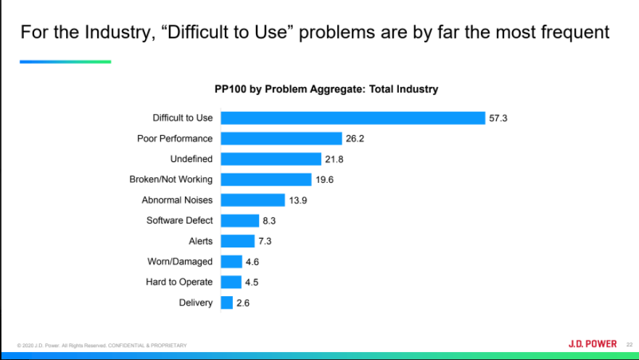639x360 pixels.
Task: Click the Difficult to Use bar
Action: pos(353,118)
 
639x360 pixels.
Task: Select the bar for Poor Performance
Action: pos(281,138)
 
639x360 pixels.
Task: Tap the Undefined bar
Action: pos(271,159)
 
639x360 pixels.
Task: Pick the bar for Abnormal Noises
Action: pos(252,200)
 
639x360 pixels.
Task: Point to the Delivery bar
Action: pos(226,303)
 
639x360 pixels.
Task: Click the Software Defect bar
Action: pos(239,221)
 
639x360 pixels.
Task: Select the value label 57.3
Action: pos(498,118)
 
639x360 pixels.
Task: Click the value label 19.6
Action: pos(324,179)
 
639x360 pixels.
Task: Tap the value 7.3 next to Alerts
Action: pos(265,241)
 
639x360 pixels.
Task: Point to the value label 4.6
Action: pos(252,261)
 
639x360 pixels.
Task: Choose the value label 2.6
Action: pos(243,303)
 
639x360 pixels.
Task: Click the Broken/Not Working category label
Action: pos(171,179)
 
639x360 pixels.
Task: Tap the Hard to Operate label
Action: pos(179,282)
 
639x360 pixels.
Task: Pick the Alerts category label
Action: pos(201,241)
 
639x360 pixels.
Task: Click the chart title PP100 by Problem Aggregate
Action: pos(322,89)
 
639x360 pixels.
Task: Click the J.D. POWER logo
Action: pos(592,344)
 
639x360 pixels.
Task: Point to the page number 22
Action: pos(630,345)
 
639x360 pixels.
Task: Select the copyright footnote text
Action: pos(102,345)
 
